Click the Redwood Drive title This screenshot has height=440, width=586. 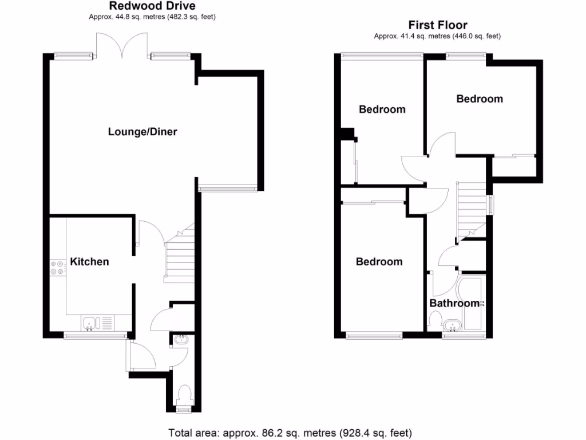pyautogui.click(x=152, y=6)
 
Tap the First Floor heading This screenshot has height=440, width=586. pyautogui.click(x=437, y=25)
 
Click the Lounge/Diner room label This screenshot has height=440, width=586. pyautogui.click(x=142, y=132)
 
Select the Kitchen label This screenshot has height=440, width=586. pyautogui.click(x=89, y=262)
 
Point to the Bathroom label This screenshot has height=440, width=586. pyautogui.click(x=454, y=303)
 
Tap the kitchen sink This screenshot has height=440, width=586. pyautogui.click(x=92, y=324)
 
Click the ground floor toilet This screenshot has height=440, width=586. pyautogui.click(x=184, y=396)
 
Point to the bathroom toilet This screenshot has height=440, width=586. pyautogui.click(x=435, y=321)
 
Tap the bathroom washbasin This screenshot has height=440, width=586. pyautogui.click(x=452, y=327)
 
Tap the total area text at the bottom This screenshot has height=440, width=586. pyautogui.click(x=290, y=433)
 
